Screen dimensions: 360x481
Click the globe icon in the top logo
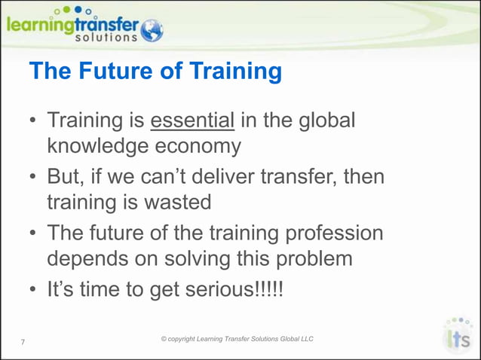click(x=151, y=30)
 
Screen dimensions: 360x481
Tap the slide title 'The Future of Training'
click(x=155, y=72)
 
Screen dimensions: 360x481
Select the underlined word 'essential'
click(x=192, y=121)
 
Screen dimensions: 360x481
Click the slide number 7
click(x=23, y=343)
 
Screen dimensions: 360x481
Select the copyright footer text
click(x=237, y=339)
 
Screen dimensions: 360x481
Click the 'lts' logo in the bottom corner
click(x=458, y=337)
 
